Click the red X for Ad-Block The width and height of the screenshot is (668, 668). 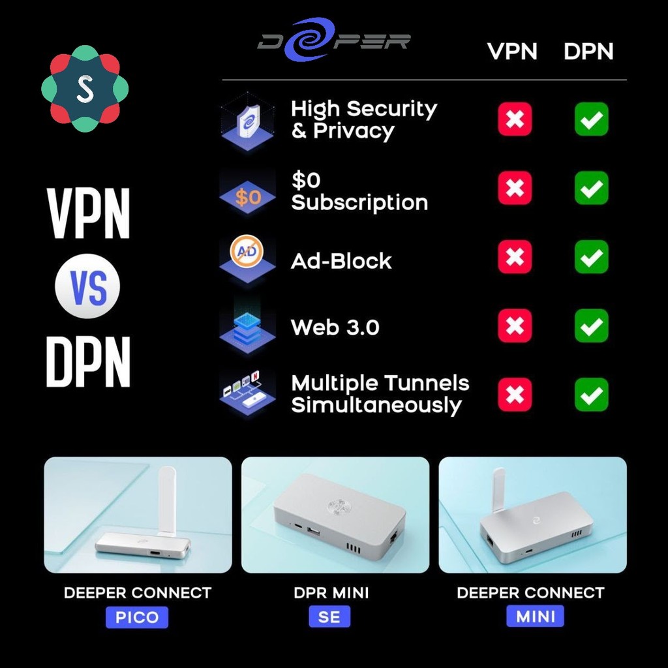tap(515, 256)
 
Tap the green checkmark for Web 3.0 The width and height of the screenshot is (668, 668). tap(591, 326)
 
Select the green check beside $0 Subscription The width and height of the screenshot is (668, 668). tap(591, 188)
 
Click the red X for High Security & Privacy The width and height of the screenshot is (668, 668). tap(515, 119)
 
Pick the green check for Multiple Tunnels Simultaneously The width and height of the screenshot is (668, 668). tap(591, 395)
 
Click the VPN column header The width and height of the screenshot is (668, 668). tap(512, 52)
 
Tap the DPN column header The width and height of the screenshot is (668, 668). tap(588, 52)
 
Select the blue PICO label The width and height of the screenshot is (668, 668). tap(137, 617)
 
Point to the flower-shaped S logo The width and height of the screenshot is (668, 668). tap(85, 88)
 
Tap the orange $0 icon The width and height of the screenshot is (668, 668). tap(247, 196)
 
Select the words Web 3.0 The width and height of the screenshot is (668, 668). tap(335, 327)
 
